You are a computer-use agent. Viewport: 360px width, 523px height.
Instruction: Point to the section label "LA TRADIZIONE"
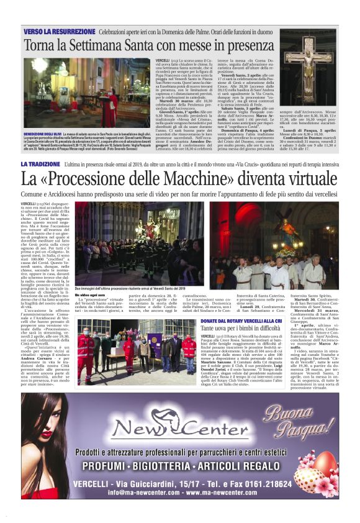(x=40, y=164)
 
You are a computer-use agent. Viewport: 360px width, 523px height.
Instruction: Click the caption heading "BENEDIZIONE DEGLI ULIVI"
(x=44, y=134)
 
